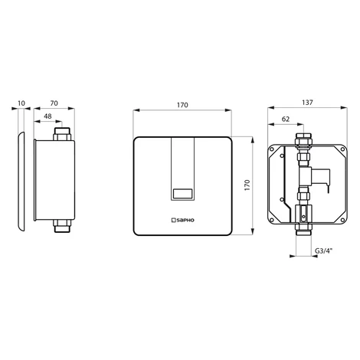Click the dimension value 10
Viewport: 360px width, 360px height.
pyautogui.click(x=21, y=103)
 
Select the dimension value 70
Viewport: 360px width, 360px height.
pyautogui.click(x=54, y=103)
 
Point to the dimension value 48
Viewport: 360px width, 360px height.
pyautogui.click(x=47, y=116)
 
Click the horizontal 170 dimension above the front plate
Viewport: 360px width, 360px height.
pyautogui.click(x=182, y=105)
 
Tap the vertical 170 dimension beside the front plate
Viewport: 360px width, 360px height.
pyautogui.click(x=247, y=185)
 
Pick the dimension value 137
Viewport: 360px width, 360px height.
pyautogui.click(x=307, y=103)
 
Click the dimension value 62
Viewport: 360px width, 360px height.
pyautogui.click(x=286, y=119)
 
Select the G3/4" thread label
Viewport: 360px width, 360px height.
pyautogui.click(x=323, y=250)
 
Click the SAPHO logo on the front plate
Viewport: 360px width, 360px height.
pyautogui.click(x=182, y=220)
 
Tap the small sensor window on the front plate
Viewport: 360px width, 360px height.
pyautogui.click(x=182, y=194)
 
